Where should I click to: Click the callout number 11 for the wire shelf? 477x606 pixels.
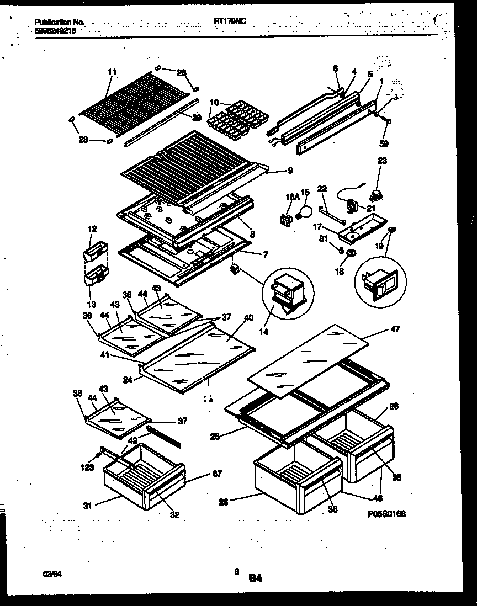(112, 71)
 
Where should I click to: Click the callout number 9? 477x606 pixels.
(290, 171)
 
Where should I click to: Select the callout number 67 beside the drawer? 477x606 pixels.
(203, 474)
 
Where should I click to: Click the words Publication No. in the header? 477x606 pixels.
(60, 22)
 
